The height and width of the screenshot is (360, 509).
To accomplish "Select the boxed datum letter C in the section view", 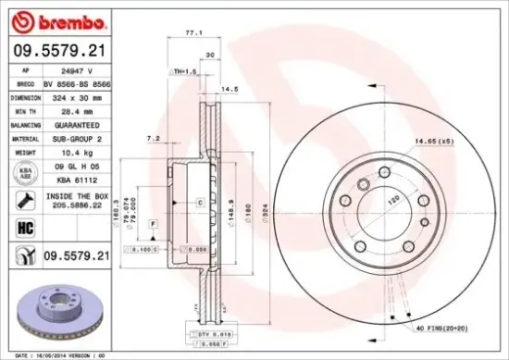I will [198, 201].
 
